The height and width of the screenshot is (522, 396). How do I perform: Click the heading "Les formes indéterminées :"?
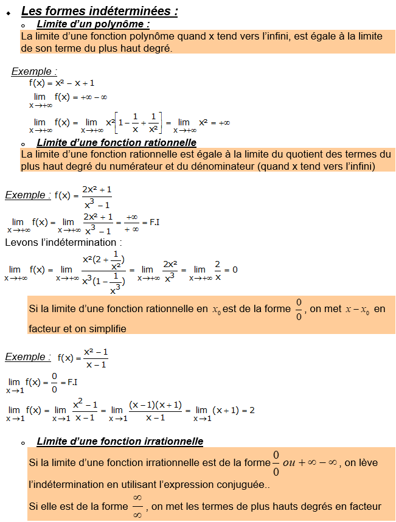[100, 11]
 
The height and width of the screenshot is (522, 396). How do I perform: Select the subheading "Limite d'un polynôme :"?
[93, 24]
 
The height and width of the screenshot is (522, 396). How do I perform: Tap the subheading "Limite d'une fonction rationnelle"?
[116, 142]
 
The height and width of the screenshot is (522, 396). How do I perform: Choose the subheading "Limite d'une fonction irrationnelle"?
[120, 441]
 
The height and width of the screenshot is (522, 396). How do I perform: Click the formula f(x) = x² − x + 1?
[61, 83]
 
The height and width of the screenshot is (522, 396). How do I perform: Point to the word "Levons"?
[21, 242]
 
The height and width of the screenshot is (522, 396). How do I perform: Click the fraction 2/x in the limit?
[217, 270]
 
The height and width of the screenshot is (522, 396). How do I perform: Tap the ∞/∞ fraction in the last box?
[137, 507]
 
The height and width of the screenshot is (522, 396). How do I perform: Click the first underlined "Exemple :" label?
[34, 72]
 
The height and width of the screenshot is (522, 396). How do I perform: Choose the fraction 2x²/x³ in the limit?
[170, 270]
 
